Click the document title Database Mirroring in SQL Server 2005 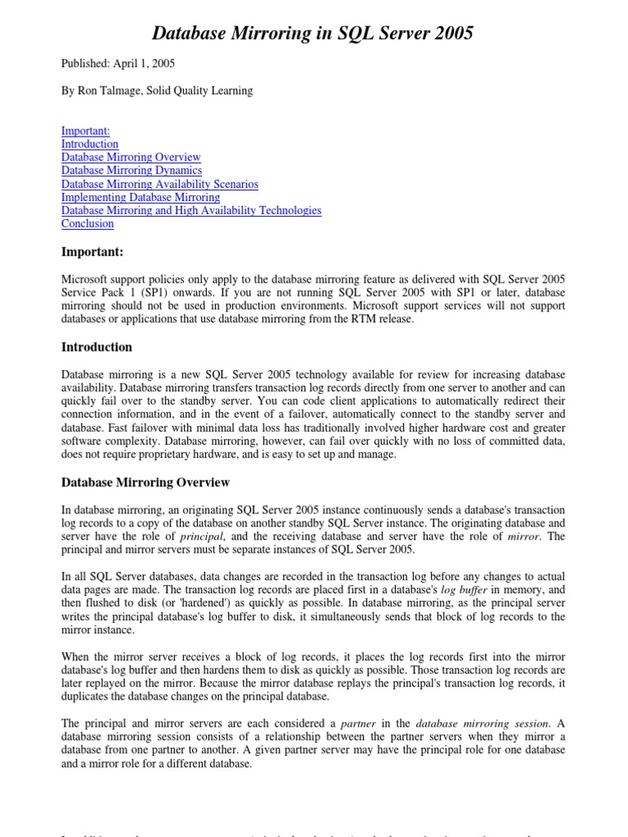click(x=313, y=34)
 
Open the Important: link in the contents click(x=86, y=131)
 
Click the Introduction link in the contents click(x=90, y=144)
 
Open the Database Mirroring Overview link click(x=131, y=157)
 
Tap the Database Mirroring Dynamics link click(x=132, y=170)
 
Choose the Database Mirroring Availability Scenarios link click(x=159, y=184)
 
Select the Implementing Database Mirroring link click(x=141, y=197)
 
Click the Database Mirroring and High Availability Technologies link click(x=191, y=210)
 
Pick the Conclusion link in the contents click(x=87, y=223)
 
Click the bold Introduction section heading click(x=96, y=347)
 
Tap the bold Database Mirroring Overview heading click(x=146, y=482)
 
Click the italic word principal click(x=201, y=537)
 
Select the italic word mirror click(x=524, y=537)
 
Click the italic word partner click(x=357, y=723)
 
